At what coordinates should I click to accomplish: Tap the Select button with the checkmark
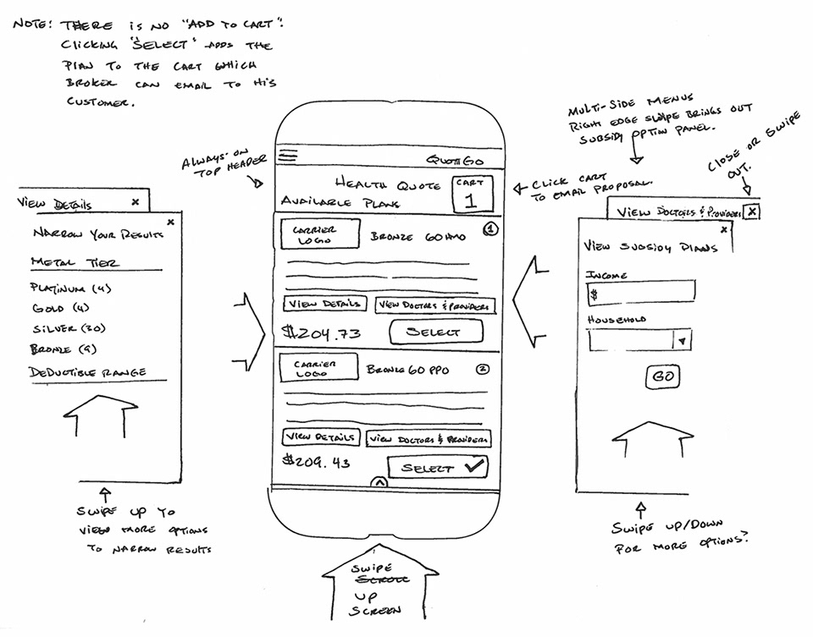coord(438,467)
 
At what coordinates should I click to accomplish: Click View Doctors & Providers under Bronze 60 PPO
coord(429,439)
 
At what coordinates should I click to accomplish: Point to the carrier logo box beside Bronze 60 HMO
coord(319,234)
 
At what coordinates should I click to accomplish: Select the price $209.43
coord(318,462)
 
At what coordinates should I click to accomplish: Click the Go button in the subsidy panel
coord(663,377)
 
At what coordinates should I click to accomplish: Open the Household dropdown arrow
coord(683,340)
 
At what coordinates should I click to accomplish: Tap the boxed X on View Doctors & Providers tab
coord(751,211)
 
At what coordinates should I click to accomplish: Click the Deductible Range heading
coord(87,371)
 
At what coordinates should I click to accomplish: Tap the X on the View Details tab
coord(135,202)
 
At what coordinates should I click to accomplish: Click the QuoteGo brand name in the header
coord(458,160)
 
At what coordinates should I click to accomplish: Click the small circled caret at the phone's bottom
coord(379,482)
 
